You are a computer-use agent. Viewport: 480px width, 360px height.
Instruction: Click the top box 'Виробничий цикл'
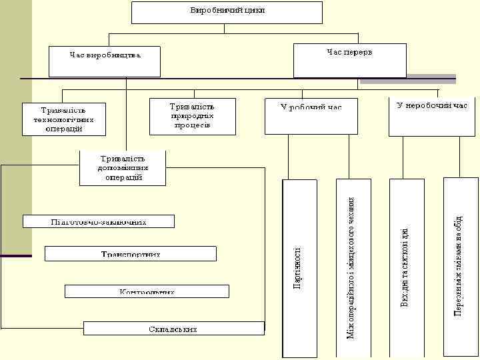(227, 12)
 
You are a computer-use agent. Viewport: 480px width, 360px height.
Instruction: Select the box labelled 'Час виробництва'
(105, 60)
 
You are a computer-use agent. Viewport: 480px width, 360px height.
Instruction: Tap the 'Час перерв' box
(349, 60)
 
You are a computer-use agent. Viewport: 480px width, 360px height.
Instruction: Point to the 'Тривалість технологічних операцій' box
(64, 119)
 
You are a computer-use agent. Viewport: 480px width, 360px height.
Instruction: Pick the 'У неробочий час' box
(432, 116)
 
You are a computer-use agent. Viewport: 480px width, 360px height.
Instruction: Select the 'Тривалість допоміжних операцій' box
(123, 167)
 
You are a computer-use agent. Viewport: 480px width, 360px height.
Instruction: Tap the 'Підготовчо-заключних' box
(99, 221)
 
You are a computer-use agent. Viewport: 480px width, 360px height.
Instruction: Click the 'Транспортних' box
(131, 253)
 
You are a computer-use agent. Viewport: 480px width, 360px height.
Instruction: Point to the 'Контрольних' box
(147, 291)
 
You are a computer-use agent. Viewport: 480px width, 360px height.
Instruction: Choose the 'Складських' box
(173, 328)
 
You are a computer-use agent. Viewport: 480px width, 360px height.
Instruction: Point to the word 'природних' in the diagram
(192, 115)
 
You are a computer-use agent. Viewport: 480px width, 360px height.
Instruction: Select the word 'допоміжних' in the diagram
(123, 168)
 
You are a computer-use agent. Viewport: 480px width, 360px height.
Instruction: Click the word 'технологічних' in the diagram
(64, 120)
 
